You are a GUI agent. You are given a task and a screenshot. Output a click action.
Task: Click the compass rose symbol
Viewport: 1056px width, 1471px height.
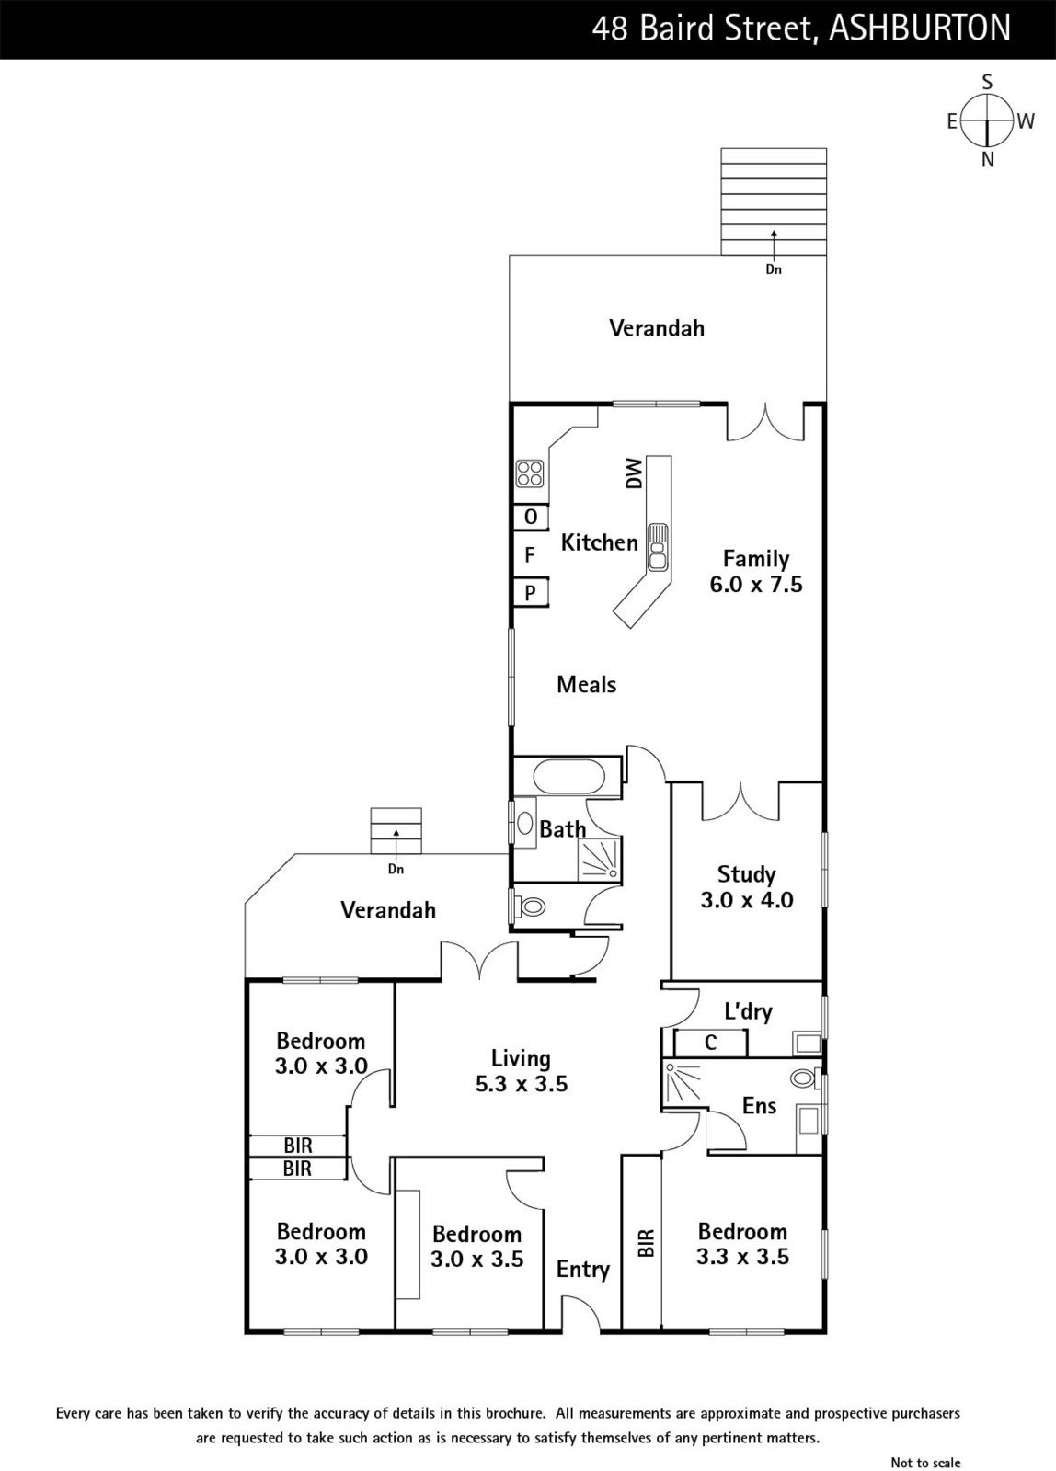[x=987, y=120]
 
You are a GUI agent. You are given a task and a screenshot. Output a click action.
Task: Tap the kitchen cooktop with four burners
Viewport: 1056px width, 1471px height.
[x=531, y=473]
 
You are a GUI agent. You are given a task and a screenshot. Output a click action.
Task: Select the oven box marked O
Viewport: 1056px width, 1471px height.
[x=531, y=518]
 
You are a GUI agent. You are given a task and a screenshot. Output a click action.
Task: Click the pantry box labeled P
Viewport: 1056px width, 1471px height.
[x=531, y=593]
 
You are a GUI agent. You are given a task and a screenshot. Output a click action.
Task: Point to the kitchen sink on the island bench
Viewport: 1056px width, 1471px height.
[x=657, y=546]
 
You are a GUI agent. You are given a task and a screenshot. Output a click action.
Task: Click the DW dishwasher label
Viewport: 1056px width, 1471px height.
[x=634, y=473]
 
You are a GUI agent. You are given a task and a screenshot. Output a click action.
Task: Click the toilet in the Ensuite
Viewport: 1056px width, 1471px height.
[x=804, y=1078]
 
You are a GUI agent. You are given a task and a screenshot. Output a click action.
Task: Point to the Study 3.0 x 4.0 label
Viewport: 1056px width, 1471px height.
[x=747, y=887]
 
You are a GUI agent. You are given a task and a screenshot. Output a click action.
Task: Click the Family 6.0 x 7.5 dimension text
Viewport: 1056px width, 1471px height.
[x=756, y=571]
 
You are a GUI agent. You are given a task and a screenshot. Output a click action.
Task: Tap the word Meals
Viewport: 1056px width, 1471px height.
[x=586, y=685]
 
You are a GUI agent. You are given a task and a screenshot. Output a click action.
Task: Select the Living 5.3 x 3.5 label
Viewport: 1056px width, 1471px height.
[x=521, y=1071]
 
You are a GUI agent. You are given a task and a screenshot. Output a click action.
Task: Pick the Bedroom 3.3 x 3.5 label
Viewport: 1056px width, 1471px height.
[x=742, y=1244]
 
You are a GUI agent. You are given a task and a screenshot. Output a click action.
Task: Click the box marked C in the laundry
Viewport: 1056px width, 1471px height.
[x=710, y=1043]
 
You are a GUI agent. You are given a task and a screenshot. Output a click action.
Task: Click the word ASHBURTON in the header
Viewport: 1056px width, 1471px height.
[x=921, y=29]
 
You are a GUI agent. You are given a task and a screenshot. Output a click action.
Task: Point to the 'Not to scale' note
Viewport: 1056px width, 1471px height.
[x=925, y=1463]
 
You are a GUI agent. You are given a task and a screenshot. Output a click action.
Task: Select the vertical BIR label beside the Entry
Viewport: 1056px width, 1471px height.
[x=647, y=1243]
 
